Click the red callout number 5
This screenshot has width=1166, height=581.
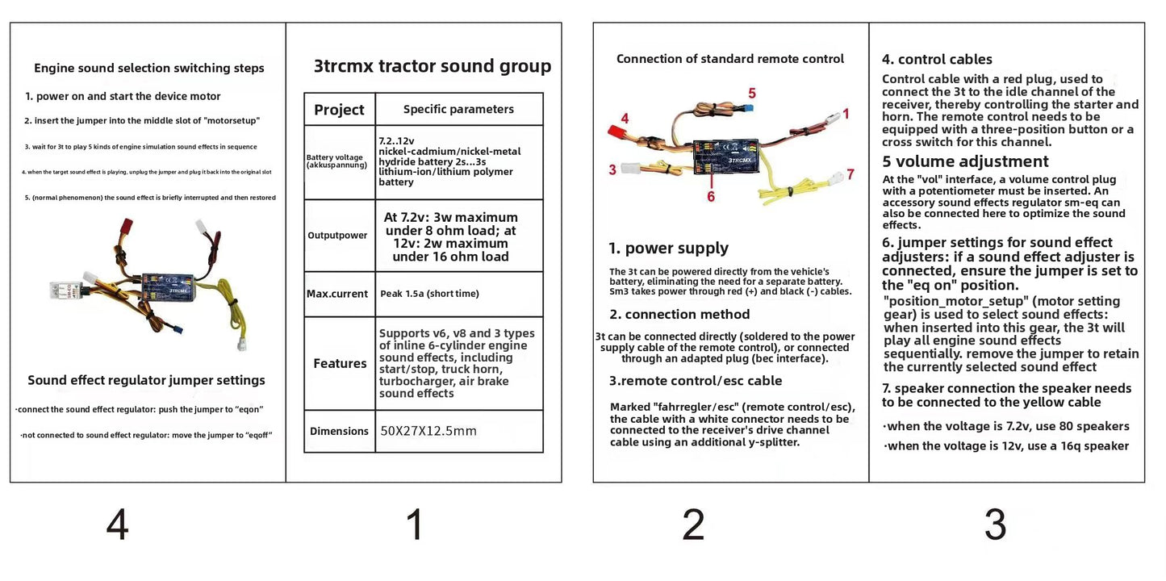point(751,93)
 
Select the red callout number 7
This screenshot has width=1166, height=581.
point(850,174)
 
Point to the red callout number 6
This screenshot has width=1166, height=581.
point(711,196)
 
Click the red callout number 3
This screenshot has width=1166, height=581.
point(612,169)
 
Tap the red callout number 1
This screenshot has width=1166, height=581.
point(846,114)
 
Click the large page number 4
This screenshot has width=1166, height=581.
point(118,526)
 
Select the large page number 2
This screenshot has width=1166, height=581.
point(693,526)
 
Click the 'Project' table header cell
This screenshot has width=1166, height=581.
point(339,110)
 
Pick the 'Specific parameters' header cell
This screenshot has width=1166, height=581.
point(458,109)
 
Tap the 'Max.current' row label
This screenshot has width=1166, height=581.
point(337,294)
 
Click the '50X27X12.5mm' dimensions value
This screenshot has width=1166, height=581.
point(428,431)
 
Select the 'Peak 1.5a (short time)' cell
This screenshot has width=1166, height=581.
point(429,294)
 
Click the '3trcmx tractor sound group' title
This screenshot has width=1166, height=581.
point(433,66)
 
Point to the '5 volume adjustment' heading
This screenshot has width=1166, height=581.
point(965,161)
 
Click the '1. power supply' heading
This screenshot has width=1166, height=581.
point(668,248)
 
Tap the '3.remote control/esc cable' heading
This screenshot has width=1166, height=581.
point(696,380)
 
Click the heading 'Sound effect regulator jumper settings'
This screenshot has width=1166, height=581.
point(146,380)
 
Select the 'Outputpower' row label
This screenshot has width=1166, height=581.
point(337,236)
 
